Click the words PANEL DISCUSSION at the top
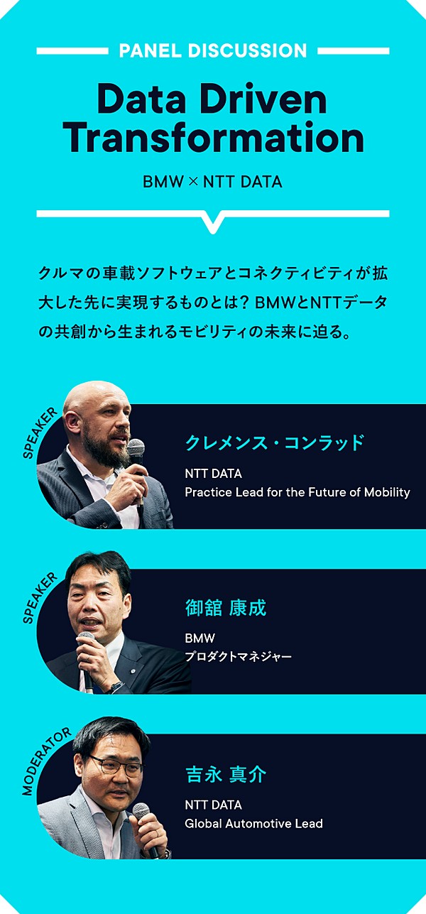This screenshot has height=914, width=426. click(x=212, y=50)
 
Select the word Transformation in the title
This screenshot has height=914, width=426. click(x=214, y=138)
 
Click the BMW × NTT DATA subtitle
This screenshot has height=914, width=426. click(x=212, y=182)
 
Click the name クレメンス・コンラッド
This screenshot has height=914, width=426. click(x=274, y=442)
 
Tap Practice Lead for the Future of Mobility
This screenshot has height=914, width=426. click(x=297, y=492)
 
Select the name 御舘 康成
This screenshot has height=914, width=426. click(x=226, y=608)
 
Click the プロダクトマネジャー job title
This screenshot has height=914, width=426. click(x=239, y=656)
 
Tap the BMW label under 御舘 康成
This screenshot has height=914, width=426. click(x=200, y=638)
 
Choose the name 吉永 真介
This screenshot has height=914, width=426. click(x=226, y=775)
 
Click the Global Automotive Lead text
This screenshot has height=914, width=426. click(x=253, y=823)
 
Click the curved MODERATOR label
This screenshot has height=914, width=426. click(x=45, y=762)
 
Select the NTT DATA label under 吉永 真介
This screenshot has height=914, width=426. click(x=214, y=805)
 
